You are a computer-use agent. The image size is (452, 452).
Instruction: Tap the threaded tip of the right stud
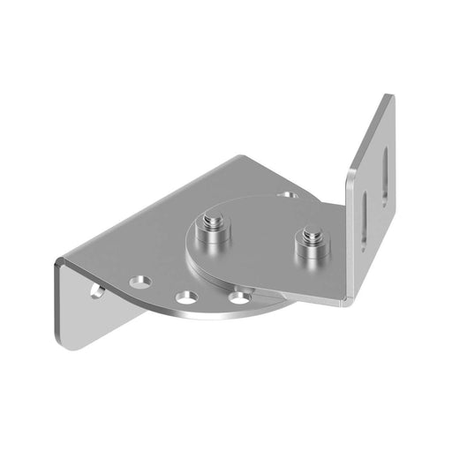click(309, 236)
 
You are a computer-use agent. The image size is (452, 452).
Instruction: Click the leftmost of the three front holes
click(140, 282)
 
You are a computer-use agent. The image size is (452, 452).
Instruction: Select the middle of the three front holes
click(187, 298)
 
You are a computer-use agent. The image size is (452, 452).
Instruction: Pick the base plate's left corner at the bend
click(59, 261)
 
